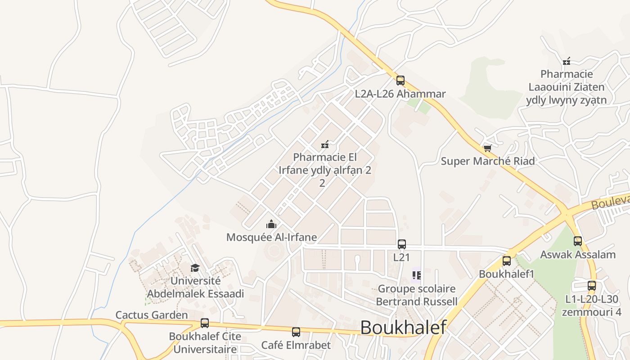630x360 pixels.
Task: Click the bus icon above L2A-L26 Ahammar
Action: click(x=400, y=81)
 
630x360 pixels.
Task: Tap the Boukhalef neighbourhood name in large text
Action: click(x=403, y=327)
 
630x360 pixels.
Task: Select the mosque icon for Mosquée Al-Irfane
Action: click(x=271, y=224)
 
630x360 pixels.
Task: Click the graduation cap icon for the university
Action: click(x=195, y=268)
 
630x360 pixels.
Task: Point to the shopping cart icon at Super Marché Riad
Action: click(x=487, y=148)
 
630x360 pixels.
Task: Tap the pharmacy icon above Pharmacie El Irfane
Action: click(x=324, y=144)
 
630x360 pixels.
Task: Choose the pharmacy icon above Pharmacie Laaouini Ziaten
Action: click(x=567, y=61)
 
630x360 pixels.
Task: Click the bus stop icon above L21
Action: click(x=402, y=244)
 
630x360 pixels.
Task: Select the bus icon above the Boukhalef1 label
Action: click(x=507, y=261)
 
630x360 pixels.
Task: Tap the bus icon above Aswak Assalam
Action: click(x=578, y=241)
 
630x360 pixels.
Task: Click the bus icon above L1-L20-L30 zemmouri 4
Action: click(x=592, y=286)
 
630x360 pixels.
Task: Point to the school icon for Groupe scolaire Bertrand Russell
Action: click(x=416, y=275)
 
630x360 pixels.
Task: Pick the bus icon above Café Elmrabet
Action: click(x=296, y=332)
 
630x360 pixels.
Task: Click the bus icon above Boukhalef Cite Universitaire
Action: click(x=205, y=323)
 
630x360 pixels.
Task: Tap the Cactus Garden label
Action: click(x=152, y=315)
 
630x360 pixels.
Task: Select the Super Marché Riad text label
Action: click(x=488, y=161)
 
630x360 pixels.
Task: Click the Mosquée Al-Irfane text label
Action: click(x=271, y=237)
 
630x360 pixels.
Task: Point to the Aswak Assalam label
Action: click(x=578, y=255)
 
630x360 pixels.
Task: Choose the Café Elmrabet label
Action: click(x=296, y=345)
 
